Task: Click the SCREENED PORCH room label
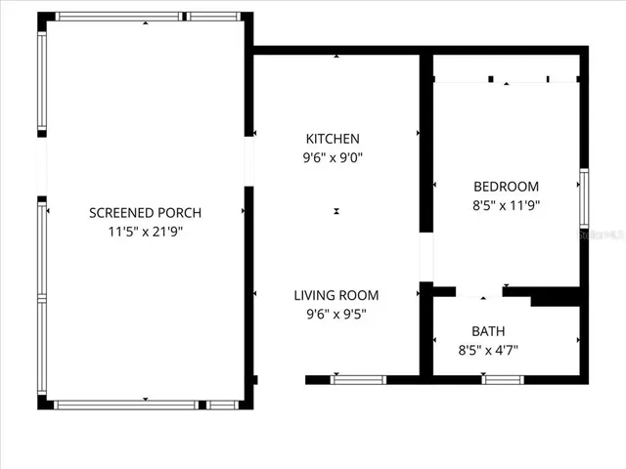click(145, 213)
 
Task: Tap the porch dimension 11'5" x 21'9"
click(145, 232)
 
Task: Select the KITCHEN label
click(333, 139)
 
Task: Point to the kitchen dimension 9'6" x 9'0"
click(333, 157)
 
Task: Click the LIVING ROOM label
click(336, 295)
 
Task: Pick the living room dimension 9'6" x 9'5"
click(336, 314)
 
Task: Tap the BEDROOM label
click(506, 187)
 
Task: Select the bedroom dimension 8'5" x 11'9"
click(506, 205)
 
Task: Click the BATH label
click(488, 331)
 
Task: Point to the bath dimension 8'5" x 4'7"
click(488, 349)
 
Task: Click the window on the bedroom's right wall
click(584, 198)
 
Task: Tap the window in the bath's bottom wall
click(503, 379)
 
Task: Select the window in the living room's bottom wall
click(357, 379)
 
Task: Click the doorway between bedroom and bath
click(479, 291)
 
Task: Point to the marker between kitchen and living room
click(336, 211)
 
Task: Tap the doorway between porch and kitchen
click(248, 161)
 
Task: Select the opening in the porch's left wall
click(42, 167)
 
